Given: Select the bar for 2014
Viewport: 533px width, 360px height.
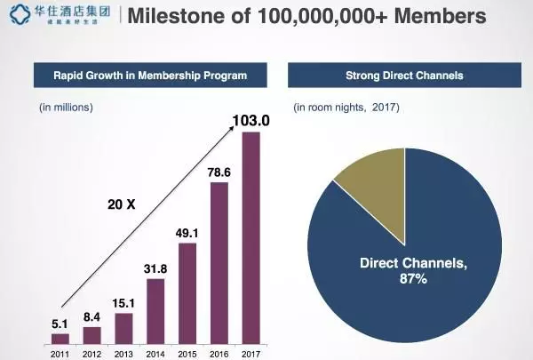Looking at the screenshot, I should point(155,310).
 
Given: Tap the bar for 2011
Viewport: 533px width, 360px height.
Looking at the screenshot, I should point(60,338).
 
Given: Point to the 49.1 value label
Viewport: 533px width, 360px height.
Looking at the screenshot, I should point(187,234).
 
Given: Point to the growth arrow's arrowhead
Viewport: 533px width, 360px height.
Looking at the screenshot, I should point(235,128).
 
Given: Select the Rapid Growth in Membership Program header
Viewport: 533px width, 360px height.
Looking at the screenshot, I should point(149,76).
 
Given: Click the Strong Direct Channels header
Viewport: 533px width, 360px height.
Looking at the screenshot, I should point(404,76).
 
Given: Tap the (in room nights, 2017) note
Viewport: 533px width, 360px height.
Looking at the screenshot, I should point(346,108).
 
